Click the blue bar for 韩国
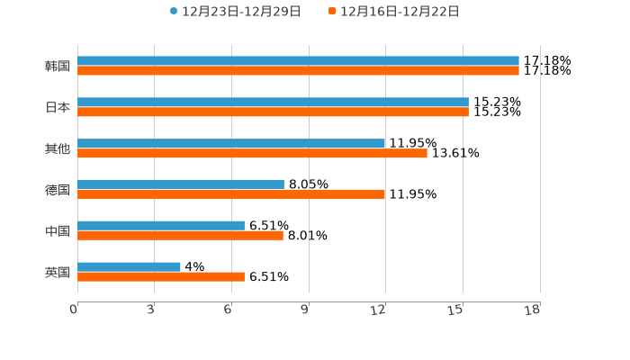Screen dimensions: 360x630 pyautogui.click(x=298, y=61)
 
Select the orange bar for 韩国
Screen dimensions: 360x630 pyautogui.click(x=298, y=71)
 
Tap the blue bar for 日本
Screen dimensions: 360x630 pyautogui.click(x=273, y=103)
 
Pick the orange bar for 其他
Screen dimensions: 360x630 pyautogui.click(x=252, y=154)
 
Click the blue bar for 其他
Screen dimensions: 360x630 pyautogui.click(x=231, y=144)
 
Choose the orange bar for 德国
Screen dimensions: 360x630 pyautogui.click(x=231, y=194)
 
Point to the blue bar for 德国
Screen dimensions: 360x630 pyautogui.click(x=181, y=184)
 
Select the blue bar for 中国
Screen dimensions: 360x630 pyautogui.click(x=161, y=226)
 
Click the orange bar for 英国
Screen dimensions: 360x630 pyautogui.click(x=161, y=277)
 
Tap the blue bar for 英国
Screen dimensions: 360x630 pyautogui.click(x=129, y=267)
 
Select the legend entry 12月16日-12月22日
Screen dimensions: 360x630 pyautogui.click(x=400, y=12)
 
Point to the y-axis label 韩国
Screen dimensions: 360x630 pyautogui.click(x=58, y=67)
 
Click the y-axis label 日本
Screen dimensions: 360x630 pyautogui.click(x=58, y=108)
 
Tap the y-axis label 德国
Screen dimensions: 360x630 pyautogui.click(x=58, y=190)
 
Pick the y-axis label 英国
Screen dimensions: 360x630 pyautogui.click(x=58, y=273)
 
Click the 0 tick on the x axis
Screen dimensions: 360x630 pyautogui.click(x=75, y=310)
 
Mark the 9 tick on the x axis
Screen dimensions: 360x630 pyautogui.click(x=306, y=310)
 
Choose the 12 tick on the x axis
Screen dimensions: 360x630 pyautogui.click(x=380, y=310)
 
